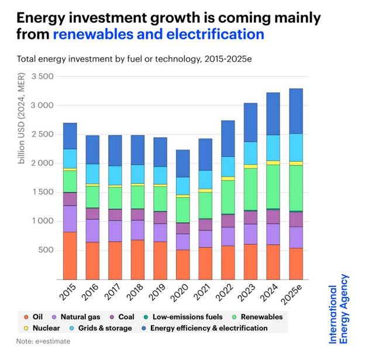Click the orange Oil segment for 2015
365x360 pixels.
pyautogui.click(x=70, y=255)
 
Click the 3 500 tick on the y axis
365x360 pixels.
pyautogui.click(x=42, y=77)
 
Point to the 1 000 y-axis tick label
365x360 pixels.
pyautogui.click(x=42, y=221)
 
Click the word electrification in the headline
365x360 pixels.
pyautogui.click(x=212, y=34)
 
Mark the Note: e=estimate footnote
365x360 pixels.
pyautogui.click(x=43, y=341)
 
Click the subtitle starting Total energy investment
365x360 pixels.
pyautogui.click(x=126, y=59)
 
